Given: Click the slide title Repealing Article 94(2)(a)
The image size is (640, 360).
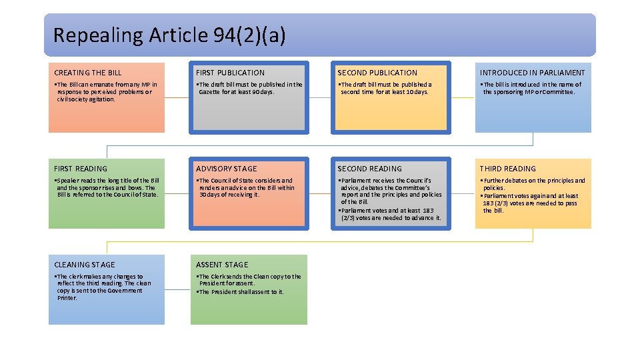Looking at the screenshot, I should pos(169,35).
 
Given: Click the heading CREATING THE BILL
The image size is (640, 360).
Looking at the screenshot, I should pos(88,73).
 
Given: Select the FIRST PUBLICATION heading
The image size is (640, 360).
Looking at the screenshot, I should pos(230,73).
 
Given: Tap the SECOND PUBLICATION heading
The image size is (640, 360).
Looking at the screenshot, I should pos(377,73).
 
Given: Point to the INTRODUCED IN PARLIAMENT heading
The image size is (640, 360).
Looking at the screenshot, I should pos(532,73).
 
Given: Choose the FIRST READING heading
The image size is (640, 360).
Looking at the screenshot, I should pos(81,169).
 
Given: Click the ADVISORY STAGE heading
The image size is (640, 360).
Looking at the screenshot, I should pos(226,169).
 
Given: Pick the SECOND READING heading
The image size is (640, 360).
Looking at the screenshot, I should pos(369,169).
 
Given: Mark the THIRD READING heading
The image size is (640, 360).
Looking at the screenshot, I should pos(507,169).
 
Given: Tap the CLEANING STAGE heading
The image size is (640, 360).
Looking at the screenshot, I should pos(85,265).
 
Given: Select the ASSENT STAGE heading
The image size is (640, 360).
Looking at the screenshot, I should pos(222,265).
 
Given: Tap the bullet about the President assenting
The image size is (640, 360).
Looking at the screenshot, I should pos(241,292).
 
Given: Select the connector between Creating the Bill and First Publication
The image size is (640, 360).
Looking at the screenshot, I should pos(177,97).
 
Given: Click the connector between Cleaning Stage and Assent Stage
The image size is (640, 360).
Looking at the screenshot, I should pos(177,289).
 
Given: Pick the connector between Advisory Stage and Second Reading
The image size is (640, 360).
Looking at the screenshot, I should pos(320,193).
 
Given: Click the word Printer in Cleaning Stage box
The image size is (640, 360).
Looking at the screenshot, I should pos(67,298).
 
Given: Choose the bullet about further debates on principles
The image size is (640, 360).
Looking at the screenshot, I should pos(533,184).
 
